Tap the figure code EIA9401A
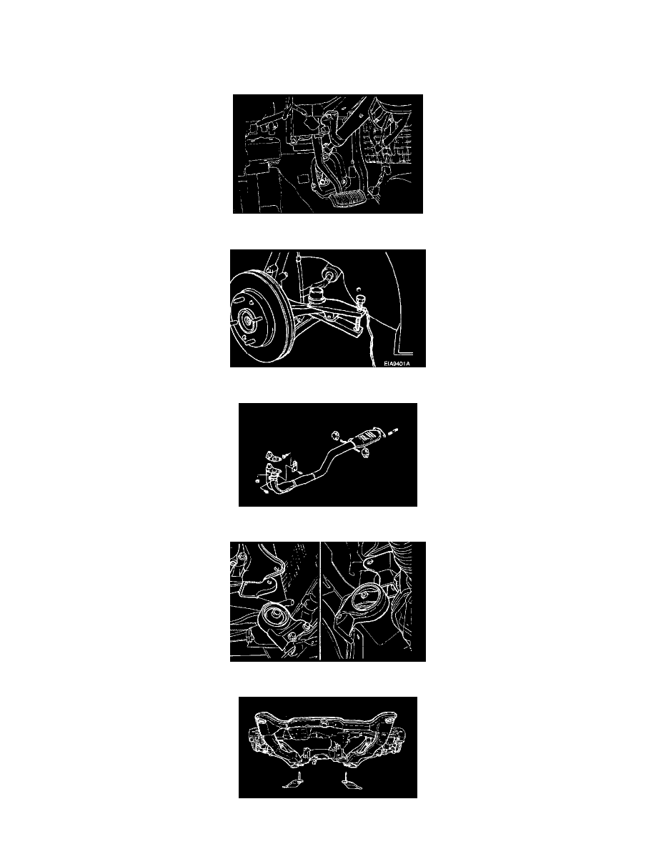(x=397, y=363)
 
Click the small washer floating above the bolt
(x=358, y=289)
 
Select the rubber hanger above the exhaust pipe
(x=334, y=435)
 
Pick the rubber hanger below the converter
(x=367, y=454)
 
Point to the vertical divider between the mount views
(x=320, y=601)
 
